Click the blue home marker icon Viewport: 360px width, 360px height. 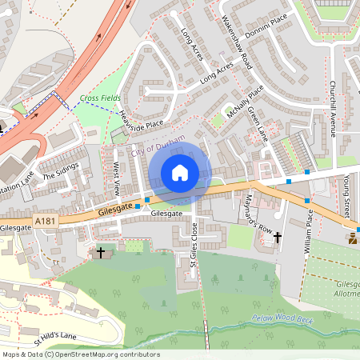[x=180, y=172]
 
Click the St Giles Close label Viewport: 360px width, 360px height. [x=194, y=250]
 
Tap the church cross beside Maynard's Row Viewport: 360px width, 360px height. [x=277, y=237]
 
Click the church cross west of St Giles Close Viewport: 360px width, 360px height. [x=101, y=252]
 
